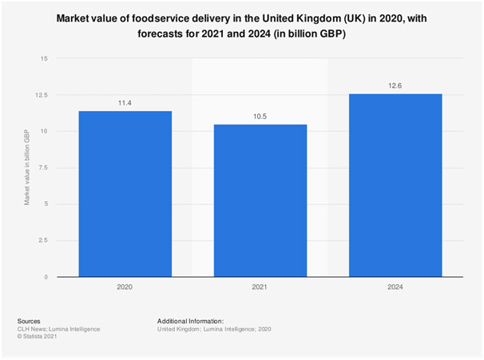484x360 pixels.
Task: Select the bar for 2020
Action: (x=125, y=194)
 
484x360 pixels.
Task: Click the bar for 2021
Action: (x=260, y=200)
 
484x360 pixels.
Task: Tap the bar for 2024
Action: (x=395, y=185)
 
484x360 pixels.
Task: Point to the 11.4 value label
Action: (x=125, y=103)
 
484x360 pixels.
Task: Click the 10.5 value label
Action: (x=260, y=117)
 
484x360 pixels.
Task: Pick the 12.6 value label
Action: (x=395, y=85)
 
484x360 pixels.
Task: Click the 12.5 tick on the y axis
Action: (x=42, y=95)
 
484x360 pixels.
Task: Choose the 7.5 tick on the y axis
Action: (x=43, y=168)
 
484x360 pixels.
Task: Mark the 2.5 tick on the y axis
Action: (x=43, y=240)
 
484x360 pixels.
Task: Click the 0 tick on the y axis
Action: (x=46, y=277)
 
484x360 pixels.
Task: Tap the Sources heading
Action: (x=30, y=320)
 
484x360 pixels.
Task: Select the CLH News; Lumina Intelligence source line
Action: (x=58, y=328)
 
